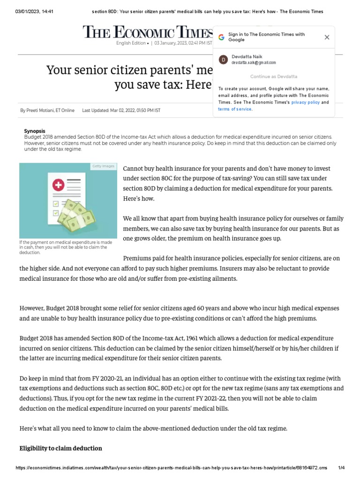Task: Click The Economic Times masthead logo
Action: (x=148, y=32)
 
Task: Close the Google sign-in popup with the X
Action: (x=327, y=37)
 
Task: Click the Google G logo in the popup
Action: (x=221, y=37)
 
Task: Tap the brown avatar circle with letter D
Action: (x=224, y=60)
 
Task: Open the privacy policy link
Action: (x=305, y=102)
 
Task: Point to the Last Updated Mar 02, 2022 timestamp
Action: (x=121, y=111)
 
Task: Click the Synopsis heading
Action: (x=34, y=131)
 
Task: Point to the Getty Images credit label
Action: (x=103, y=166)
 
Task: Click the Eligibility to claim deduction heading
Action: (x=60, y=449)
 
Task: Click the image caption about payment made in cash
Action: (x=66, y=247)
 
